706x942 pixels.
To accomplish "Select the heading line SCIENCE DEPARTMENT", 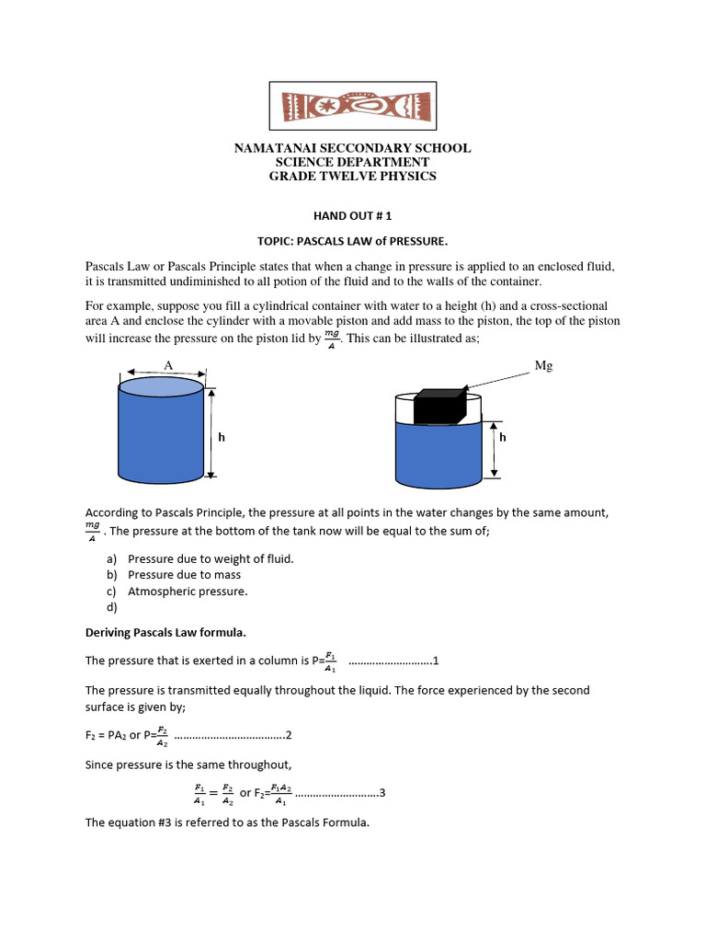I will [353, 162].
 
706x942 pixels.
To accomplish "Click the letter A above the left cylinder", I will [168, 365].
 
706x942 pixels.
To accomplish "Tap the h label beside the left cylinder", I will [222, 438].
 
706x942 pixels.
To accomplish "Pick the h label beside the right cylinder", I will [503, 438].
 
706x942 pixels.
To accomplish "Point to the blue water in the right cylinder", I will [438, 455].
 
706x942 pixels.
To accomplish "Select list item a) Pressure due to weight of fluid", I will [211, 558].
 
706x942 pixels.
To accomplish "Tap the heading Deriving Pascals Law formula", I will [166, 634].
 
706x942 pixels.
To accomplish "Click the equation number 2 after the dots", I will [289, 735].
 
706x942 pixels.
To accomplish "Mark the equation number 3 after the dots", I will [381, 793].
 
